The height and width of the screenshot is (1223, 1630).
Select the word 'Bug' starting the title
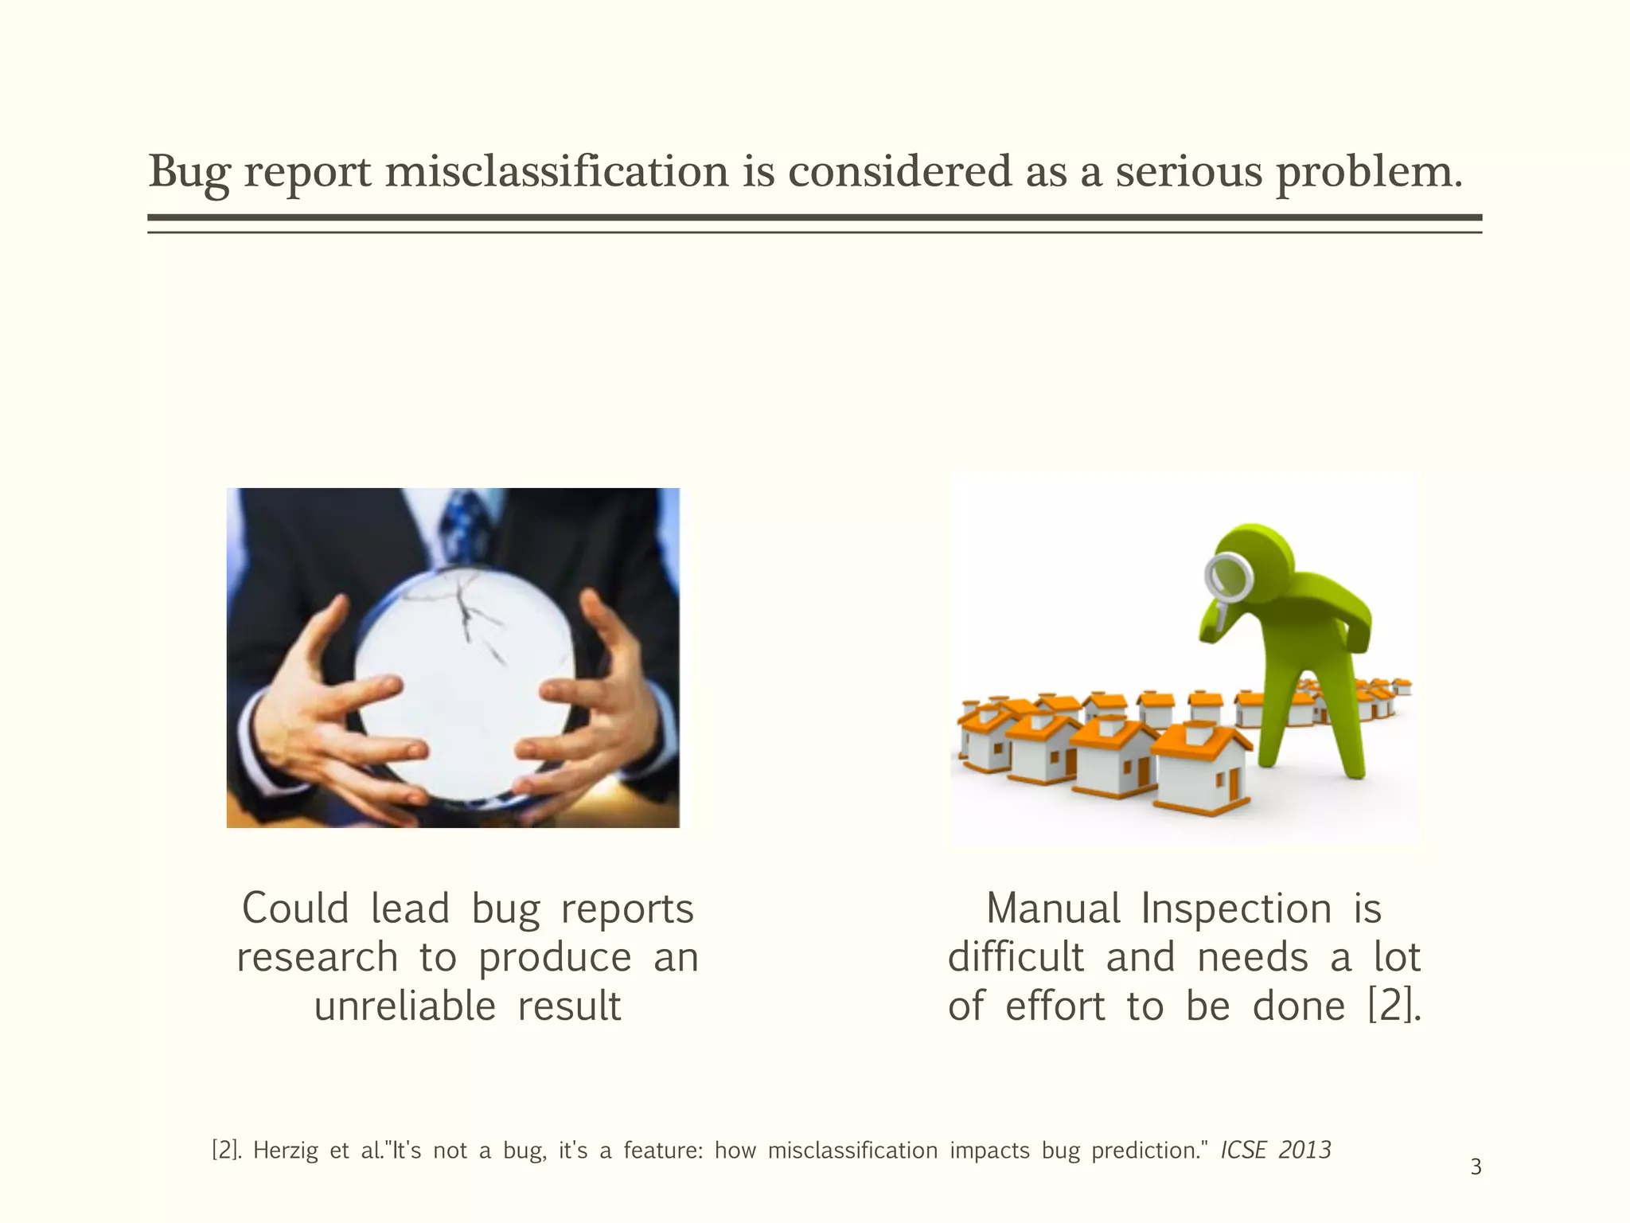click(x=189, y=173)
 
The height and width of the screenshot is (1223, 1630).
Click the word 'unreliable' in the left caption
click(x=404, y=1006)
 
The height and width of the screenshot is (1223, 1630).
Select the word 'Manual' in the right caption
click(x=1053, y=908)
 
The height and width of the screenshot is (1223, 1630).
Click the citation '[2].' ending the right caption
click(x=1394, y=1006)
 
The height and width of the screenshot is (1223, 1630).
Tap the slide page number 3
click(x=1476, y=1168)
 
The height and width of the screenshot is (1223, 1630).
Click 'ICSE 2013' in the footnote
click(x=1275, y=1151)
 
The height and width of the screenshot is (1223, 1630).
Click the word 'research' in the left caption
click(x=317, y=957)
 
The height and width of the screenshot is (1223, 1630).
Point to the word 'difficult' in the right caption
click(x=1016, y=957)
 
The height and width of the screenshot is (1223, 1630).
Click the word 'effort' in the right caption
click(x=1055, y=1006)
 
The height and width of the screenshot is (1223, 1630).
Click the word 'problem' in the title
click(x=1367, y=173)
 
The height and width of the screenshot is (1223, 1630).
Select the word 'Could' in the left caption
click(x=295, y=908)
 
